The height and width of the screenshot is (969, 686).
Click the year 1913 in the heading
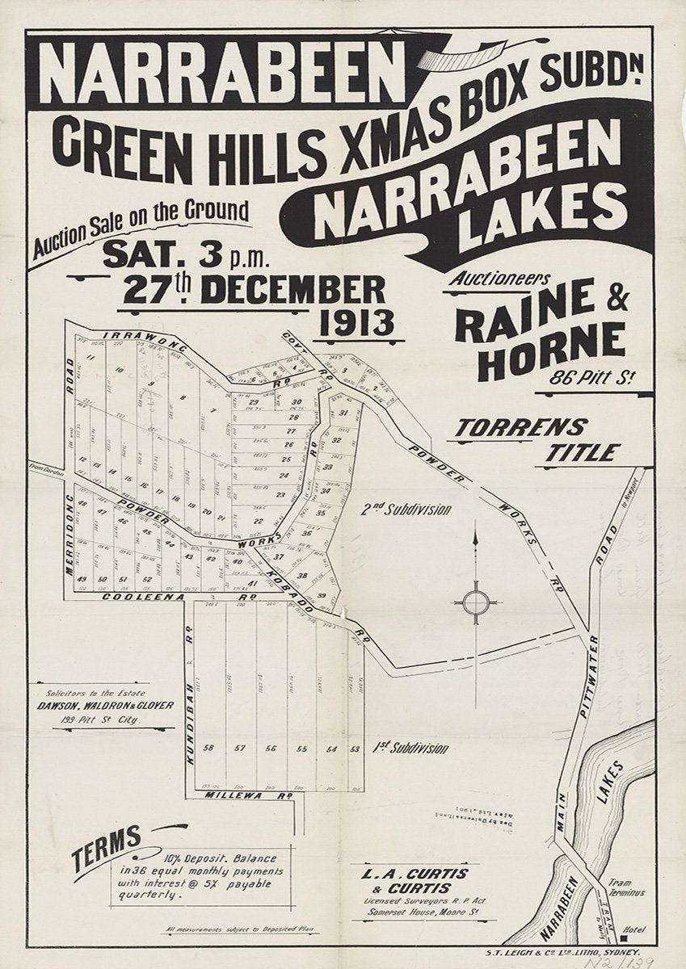point(357,324)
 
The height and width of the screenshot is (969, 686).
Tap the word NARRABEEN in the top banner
point(221,74)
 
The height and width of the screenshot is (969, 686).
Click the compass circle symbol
point(475,601)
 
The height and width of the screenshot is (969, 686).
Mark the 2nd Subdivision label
point(406,510)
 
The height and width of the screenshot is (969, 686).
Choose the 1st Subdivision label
point(410,749)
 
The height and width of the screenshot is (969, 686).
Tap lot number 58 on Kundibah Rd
point(209,749)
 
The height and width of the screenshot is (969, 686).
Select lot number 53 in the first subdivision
point(355,749)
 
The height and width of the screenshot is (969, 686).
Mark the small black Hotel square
point(626,938)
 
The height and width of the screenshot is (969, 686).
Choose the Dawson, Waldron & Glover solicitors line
point(105,705)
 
